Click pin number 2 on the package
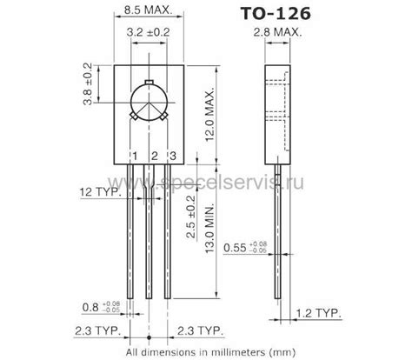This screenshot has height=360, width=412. (x=153, y=157)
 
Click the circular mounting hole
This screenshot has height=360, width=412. (x=148, y=101)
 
